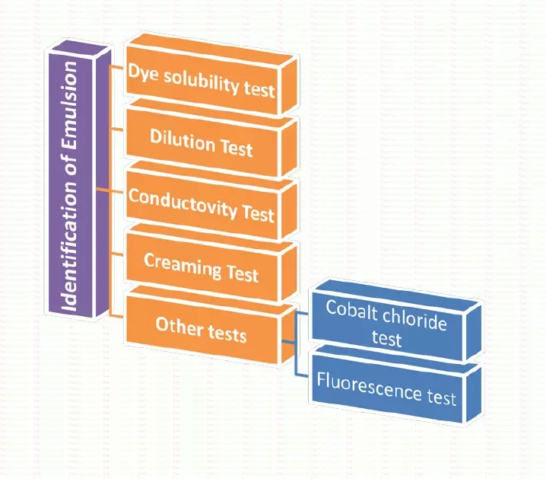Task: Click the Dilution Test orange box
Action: [201, 143]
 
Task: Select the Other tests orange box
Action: [201, 329]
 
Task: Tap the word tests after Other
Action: [227, 332]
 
